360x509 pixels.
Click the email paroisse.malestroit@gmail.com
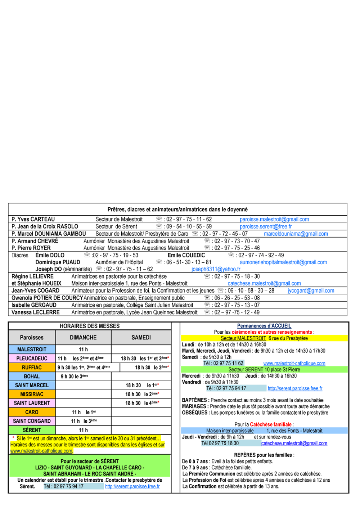click(274, 219)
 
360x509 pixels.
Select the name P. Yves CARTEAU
click(33, 219)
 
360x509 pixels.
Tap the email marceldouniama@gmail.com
click(296, 234)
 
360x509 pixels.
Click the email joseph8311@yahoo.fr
click(216, 269)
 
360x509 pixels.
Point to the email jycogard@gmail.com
click(311, 290)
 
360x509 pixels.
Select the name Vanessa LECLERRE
click(35, 312)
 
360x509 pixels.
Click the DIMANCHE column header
click(83, 337)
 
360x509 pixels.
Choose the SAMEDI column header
click(141, 337)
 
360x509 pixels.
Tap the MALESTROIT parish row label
click(32, 349)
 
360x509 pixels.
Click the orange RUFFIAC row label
click(32, 368)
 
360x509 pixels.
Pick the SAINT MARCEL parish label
click(32, 385)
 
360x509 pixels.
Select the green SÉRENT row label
click(32, 430)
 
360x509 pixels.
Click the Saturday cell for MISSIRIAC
click(141, 394)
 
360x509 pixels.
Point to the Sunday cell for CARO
click(84, 412)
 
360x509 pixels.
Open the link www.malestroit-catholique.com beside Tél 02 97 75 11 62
click(294, 363)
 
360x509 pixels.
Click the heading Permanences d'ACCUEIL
click(264, 326)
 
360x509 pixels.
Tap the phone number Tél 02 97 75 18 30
click(220, 443)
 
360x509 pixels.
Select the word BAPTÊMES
click(194, 400)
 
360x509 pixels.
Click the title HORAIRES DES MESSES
click(90, 326)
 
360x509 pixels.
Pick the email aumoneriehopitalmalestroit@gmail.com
click(283, 262)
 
